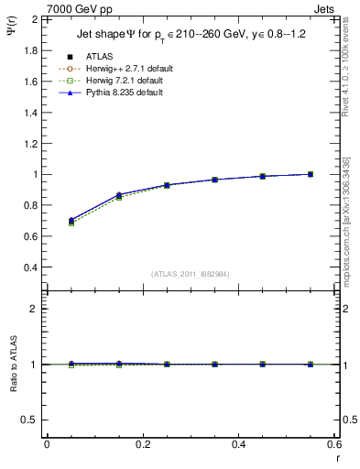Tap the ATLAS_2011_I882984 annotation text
tap(190, 274)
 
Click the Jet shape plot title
tap(187, 37)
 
